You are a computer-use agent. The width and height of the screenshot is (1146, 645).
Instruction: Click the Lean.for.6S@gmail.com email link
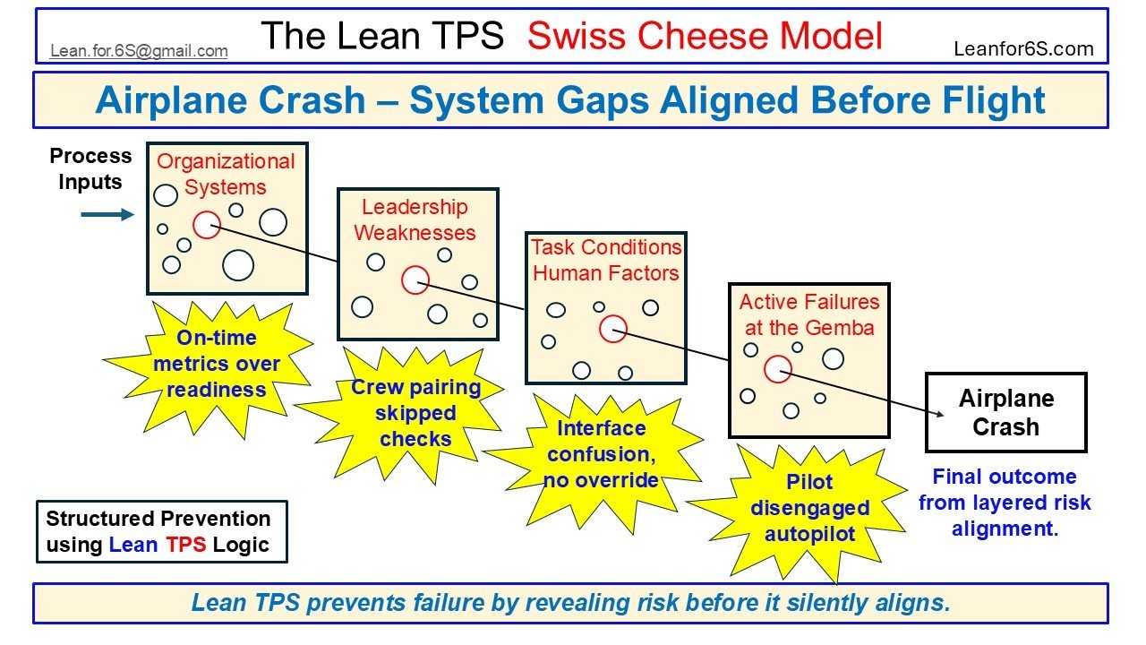click(139, 51)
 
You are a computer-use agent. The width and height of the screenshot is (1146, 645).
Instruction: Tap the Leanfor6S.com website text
click(1023, 49)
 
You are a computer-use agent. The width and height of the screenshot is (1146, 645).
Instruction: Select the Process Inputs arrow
click(107, 215)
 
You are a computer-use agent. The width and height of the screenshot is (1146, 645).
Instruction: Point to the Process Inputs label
click(90, 168)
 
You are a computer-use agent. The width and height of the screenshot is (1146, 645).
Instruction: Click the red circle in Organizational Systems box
click(207, 224)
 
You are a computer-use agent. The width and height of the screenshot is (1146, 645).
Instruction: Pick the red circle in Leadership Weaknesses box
click(415, 279)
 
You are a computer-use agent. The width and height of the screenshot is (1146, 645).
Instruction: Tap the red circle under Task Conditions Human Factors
click(612, 329)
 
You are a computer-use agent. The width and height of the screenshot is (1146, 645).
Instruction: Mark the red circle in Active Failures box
click(778, 368)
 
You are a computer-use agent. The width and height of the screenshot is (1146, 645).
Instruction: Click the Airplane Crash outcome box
click(1005, 412)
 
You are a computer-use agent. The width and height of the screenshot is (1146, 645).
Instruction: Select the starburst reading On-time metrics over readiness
click(216, 365)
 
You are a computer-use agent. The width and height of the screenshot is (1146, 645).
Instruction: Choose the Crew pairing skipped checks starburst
click(415, 413)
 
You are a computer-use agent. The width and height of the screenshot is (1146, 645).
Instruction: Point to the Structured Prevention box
click(161, 531)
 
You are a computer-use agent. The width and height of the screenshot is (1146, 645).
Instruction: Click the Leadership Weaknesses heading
click(415, 220)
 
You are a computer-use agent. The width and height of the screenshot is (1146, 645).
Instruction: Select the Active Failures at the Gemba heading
click(808, 314)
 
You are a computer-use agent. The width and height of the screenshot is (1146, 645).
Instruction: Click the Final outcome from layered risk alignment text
click(1005, 502)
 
